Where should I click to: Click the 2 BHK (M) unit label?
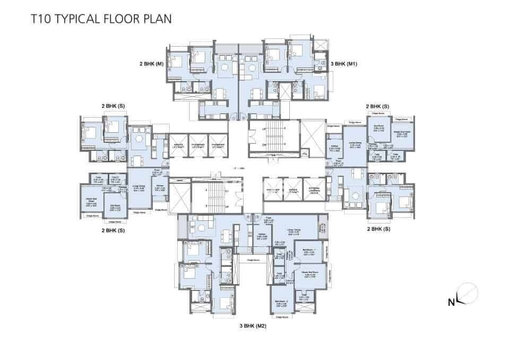pos(151,64)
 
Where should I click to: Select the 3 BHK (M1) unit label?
pos(343,64)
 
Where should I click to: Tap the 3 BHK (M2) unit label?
pos(253,326)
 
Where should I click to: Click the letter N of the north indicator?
pos(451,303)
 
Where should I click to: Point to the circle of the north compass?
pos(467,294)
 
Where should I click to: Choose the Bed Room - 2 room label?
pos(281,304)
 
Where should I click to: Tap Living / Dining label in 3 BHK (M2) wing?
pos(295,230)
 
